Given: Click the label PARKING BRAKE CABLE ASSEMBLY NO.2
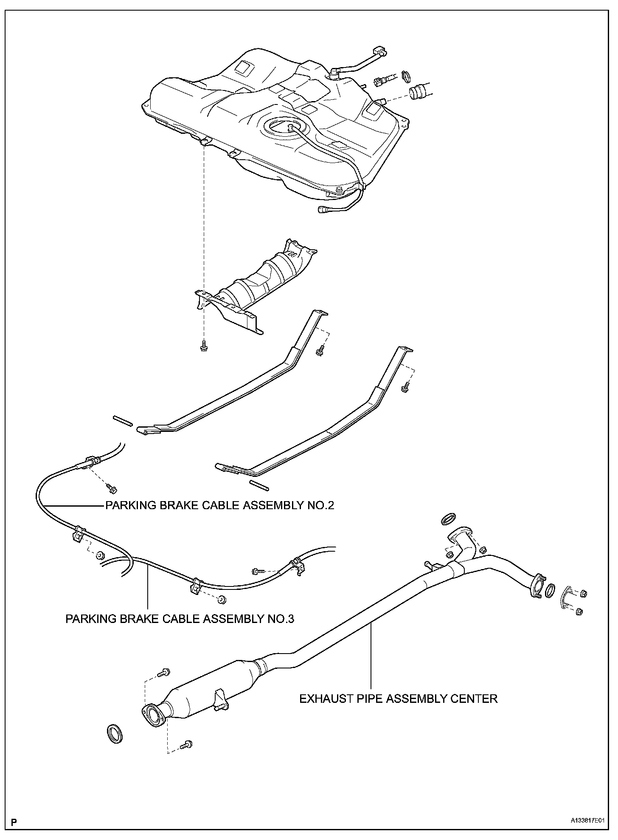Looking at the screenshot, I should [x=219, y=505].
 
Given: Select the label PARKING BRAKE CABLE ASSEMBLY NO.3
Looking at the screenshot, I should [x=180, y=618].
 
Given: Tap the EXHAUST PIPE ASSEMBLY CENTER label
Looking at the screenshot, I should [x=398, y=699].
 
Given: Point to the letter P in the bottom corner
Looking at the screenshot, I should [x=14, y=823].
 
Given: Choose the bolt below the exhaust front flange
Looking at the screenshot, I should [x=187, y=744].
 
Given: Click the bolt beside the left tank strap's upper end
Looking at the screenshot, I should [x=320, y=350].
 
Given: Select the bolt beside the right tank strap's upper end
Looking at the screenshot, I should [x=405, y=388].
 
